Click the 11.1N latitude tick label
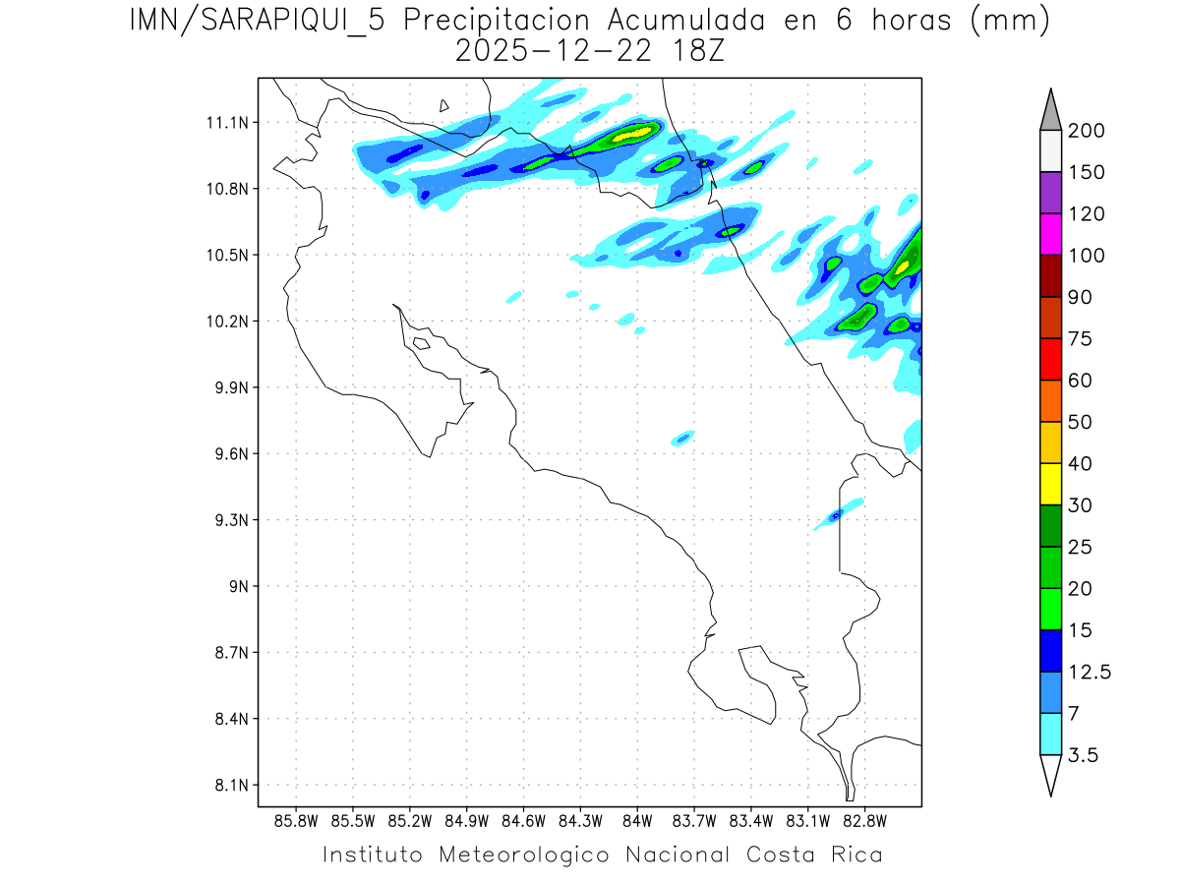(223, 123)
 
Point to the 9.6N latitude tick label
(223, 454)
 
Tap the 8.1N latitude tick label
(223, 786)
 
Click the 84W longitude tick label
(637, 820)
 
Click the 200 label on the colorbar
(1087, 131)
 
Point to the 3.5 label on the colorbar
(1083, 755)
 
